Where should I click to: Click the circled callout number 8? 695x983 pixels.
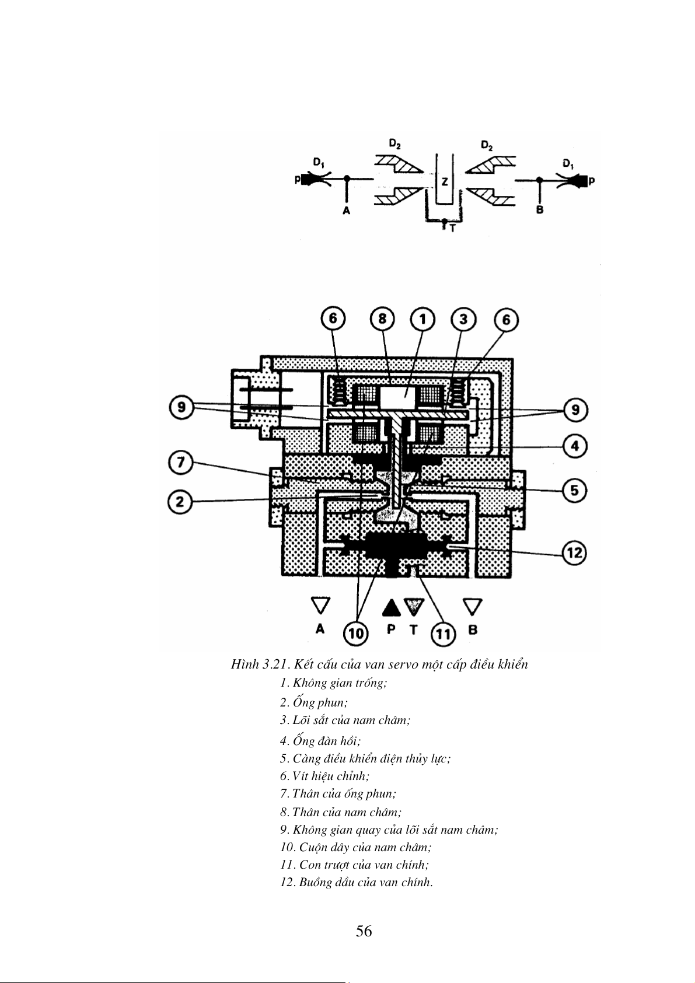(382, 320)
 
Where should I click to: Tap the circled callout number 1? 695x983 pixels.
(423, 320)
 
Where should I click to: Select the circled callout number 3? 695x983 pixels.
(464, 320)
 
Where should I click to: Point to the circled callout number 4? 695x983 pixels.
(575, 447)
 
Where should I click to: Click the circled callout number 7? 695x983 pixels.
(180, 463)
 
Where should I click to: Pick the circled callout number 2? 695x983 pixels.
(180, 501)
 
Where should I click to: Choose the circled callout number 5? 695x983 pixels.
(575, 489)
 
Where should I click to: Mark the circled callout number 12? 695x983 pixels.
(575, 552)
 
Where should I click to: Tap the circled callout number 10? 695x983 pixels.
(356, 634)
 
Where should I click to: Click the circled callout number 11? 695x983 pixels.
(443, 634)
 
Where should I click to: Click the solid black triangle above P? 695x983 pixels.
(391, 608)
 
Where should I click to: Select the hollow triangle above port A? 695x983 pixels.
(320, 606)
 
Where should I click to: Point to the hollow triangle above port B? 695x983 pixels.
(473, 607)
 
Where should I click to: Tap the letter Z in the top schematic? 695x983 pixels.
(444, 181)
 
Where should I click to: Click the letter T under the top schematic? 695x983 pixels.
(452, 228)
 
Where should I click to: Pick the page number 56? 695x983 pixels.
(364, 930)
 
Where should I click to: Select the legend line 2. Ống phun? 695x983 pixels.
(313, 702)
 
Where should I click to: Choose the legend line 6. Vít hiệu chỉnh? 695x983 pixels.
(324, 776)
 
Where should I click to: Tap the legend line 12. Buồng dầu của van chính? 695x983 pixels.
(357, 882)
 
